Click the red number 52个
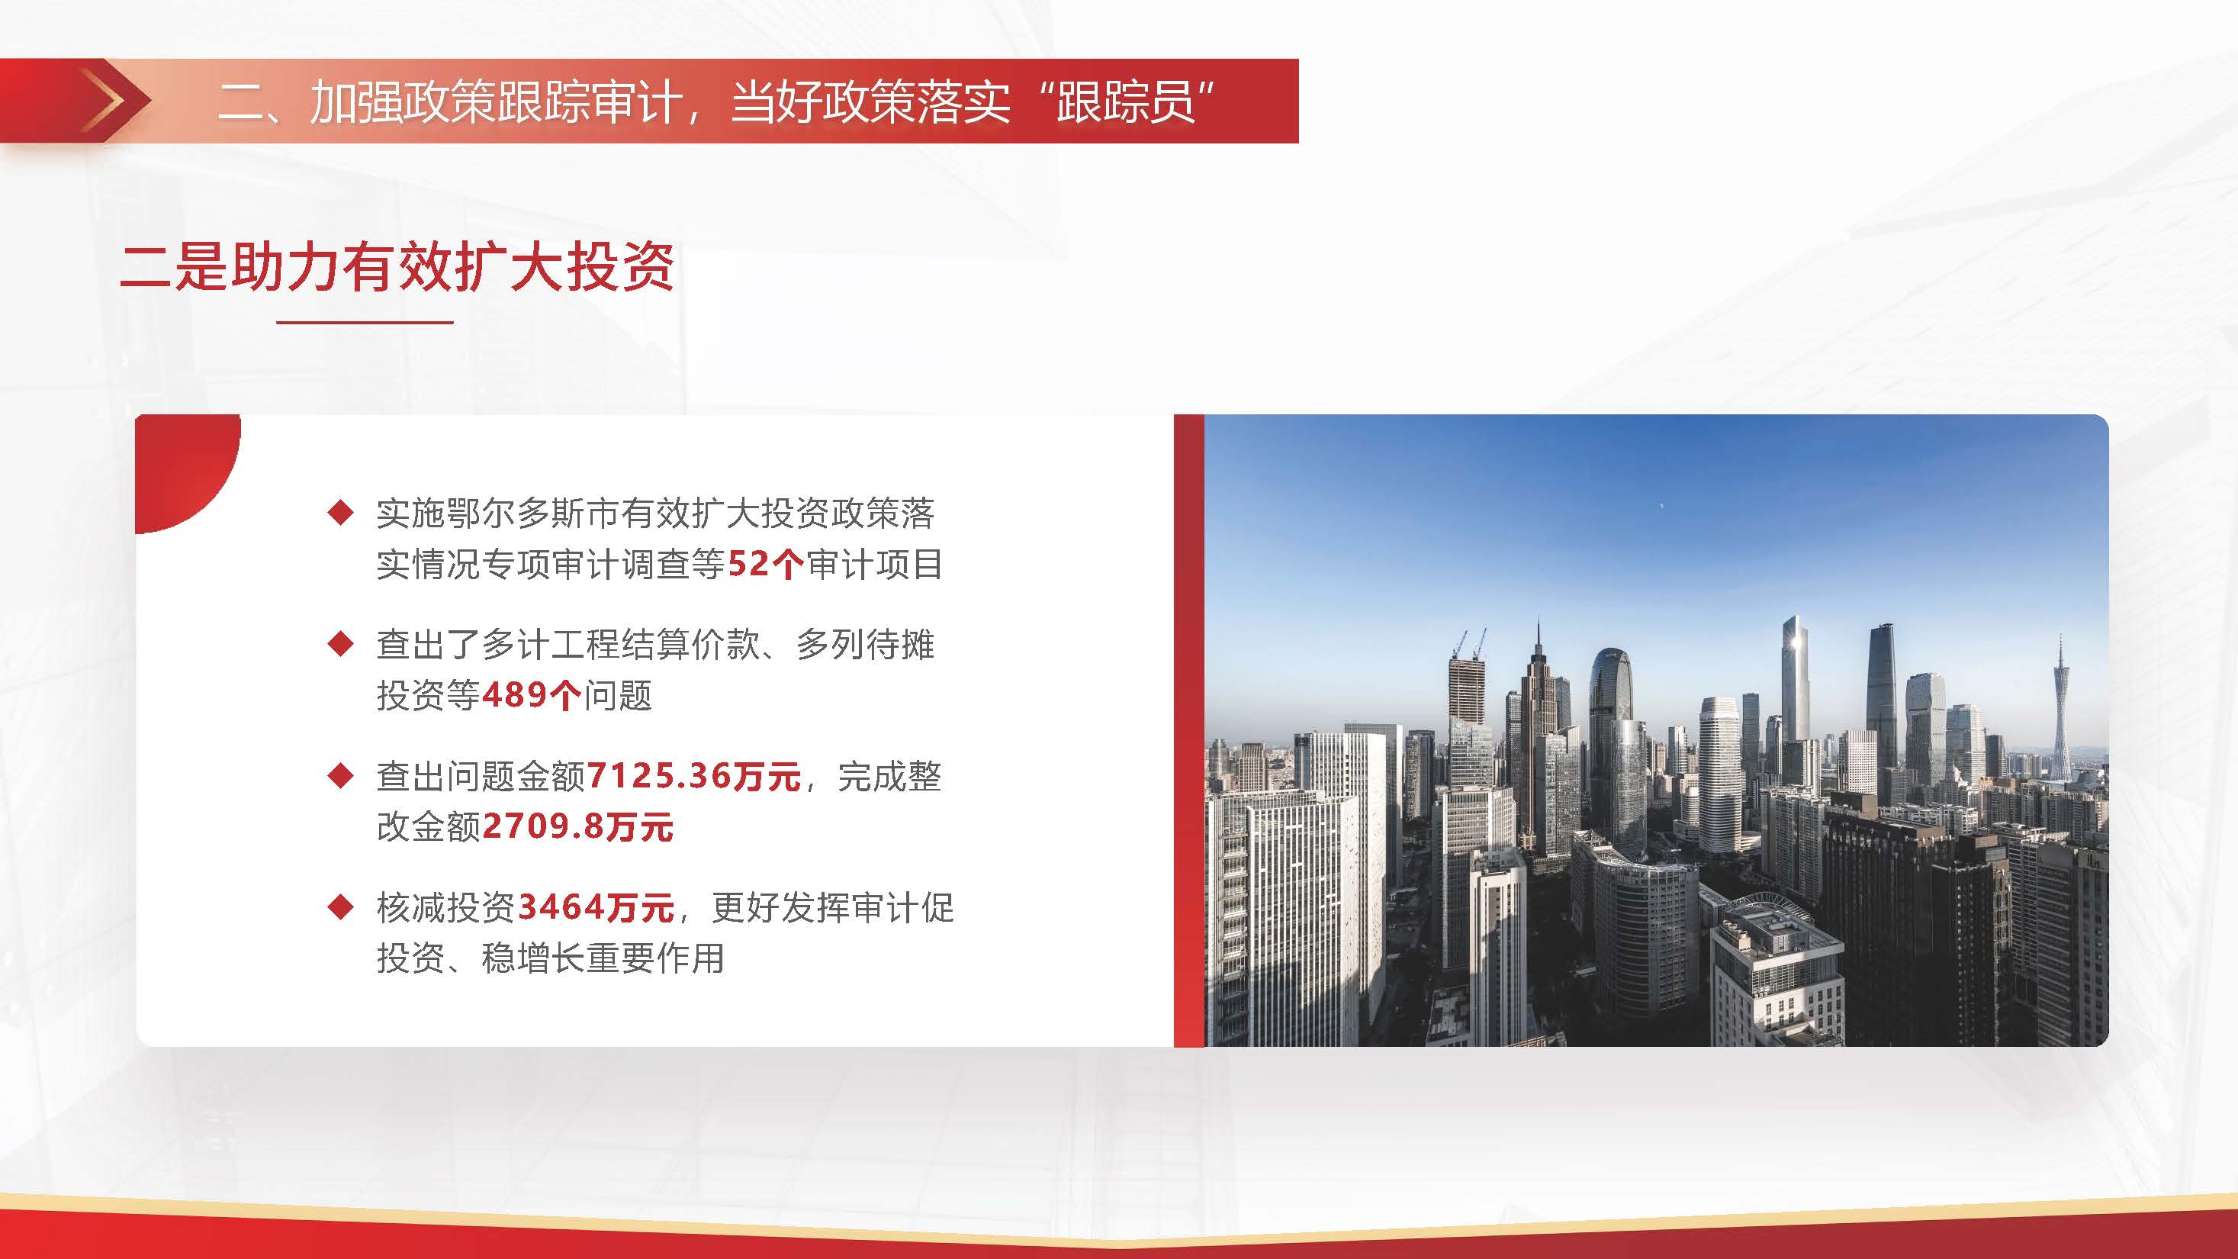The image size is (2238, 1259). tap(765, 565)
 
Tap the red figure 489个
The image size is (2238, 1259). tap(531, 695)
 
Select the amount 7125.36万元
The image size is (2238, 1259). tap(693, 776)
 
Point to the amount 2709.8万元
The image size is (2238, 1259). tap(577, 826)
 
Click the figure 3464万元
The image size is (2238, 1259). tap(596, 908)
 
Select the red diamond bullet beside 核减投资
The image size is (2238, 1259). tap(340, 907)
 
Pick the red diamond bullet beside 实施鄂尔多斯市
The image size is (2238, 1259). tap(340, 513)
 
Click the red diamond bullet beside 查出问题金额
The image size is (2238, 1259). tap(340, 775)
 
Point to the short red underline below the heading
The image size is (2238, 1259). tap(365, 322)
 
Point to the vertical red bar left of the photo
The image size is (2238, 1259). tap(1188, 731)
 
